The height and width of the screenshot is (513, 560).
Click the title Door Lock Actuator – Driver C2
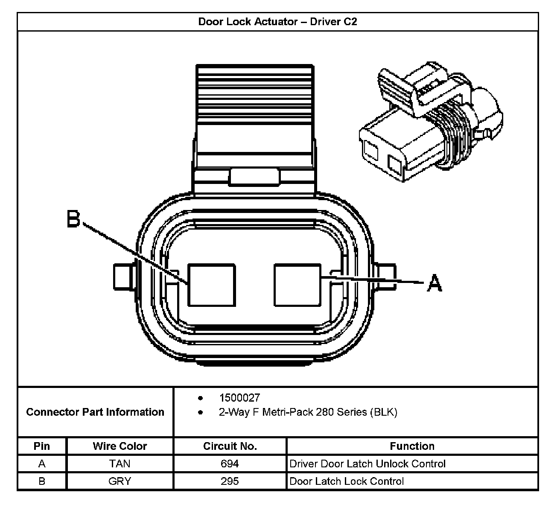pyautogui.click(x=277, y=22)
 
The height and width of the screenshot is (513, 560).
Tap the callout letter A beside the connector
pyautogui.click(x=435, y=283)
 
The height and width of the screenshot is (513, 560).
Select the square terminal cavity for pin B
pyautogui.click(x=212, y=285)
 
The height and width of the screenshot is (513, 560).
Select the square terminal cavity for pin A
pyautogui.click(x=297, y=285)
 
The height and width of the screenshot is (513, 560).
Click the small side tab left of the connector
pyautogui.click(x=123, y=277)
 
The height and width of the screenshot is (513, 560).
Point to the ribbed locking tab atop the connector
pyautogui.click(x=255, y=111)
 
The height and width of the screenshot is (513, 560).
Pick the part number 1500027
pyautogui.click(x=239, y=398)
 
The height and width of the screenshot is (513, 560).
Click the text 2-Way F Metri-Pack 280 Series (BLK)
pyautogui.click(x=308, y=412)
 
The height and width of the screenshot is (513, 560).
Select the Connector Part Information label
pyautogui.click(x=95, y=412)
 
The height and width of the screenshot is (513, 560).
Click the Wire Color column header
pyautogui.click(x=120, y=446)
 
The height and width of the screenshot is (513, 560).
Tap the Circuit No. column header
pyautogui.click(x=230, y=446)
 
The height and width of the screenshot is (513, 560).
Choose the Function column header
pyautogui.click(x=412, y=446)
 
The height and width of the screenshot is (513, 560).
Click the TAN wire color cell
pyautogui.click(x=120, y=463)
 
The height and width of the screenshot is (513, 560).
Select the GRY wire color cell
pyautogui.click(x=120, y=481)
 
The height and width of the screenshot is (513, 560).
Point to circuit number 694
pyautogui.click(x=230, y=463)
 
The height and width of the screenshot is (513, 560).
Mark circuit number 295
pyautogui.click(x=230, y=481)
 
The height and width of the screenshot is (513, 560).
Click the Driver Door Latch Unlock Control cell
pyautogui.click(x=367, y=463)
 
